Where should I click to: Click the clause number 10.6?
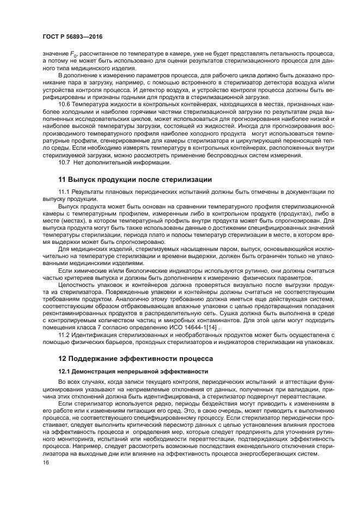pos(65,103)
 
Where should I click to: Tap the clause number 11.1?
pos(65,193)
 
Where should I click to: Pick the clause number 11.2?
pos(65,334)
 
